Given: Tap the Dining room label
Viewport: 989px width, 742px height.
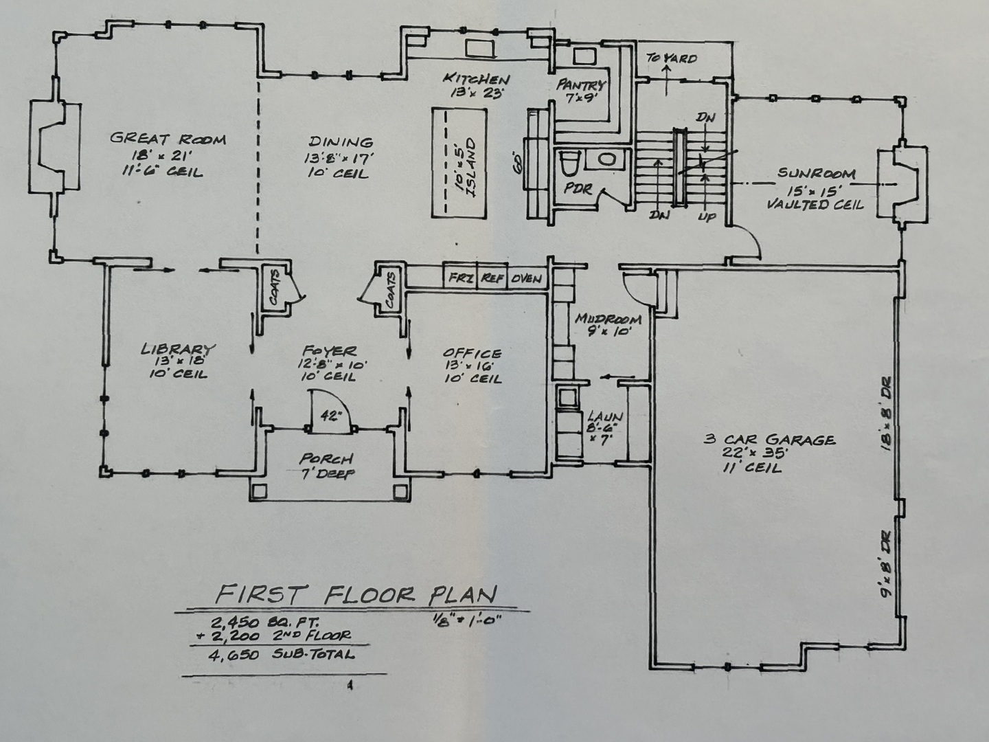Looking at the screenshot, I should point(341,142).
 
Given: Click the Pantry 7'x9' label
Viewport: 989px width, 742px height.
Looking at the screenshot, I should point(581,91).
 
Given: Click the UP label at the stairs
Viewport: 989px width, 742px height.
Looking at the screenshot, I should point(707,216).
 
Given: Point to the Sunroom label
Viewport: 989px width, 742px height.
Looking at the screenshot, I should point(817,173).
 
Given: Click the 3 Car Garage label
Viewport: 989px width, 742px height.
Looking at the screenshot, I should point(769,440).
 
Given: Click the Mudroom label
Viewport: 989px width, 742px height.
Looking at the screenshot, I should point(608,319).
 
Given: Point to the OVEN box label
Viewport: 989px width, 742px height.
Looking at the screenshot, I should point(527,279).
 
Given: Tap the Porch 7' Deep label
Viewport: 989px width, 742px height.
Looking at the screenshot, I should point(326,465).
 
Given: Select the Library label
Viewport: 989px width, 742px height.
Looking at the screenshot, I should point(178,349).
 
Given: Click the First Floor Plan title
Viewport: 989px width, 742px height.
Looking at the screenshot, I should point(356,594).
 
